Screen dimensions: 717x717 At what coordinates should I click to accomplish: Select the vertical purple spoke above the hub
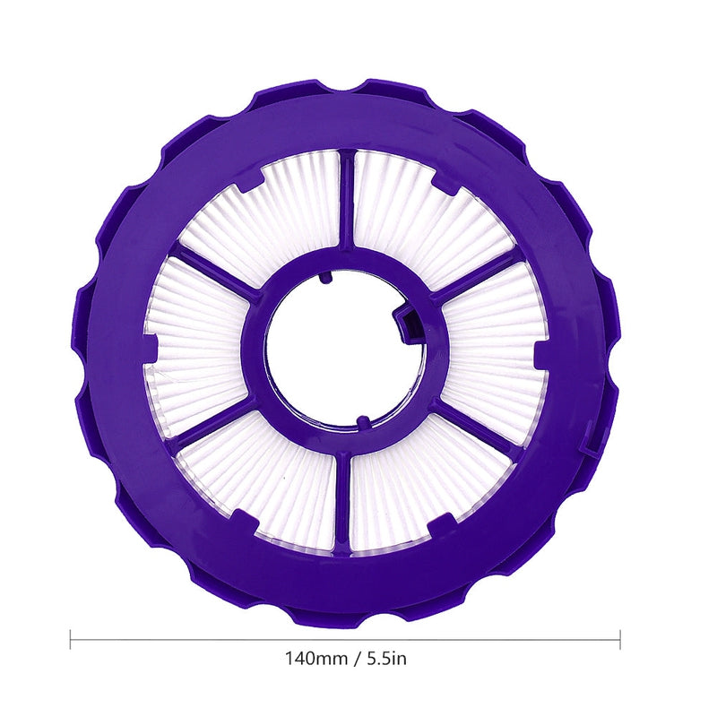pos(347,202)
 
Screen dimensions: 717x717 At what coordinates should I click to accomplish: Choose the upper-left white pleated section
pos(269,211)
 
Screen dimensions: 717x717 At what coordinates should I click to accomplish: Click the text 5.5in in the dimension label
pos(385,659)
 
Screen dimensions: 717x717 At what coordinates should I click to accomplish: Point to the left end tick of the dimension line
pos(71,639)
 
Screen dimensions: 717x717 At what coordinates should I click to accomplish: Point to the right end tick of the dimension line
pos(620,639)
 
